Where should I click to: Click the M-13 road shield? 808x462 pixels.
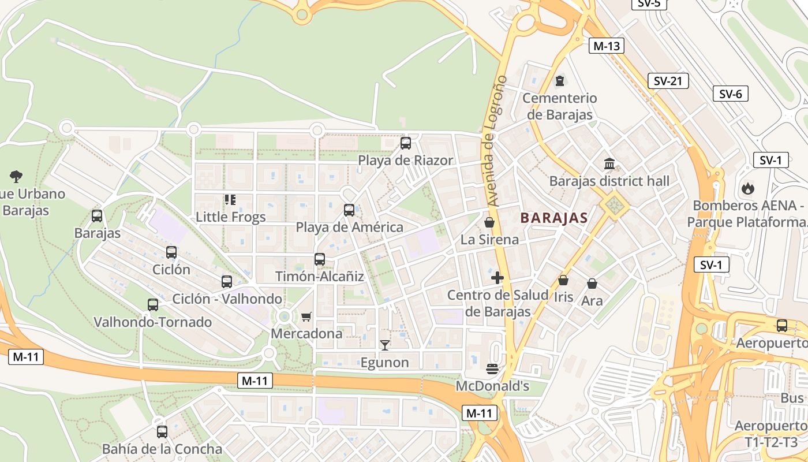tap(606, 46)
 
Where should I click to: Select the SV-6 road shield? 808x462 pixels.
tap(731, 94)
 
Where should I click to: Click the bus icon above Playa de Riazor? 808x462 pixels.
tap(406, 143)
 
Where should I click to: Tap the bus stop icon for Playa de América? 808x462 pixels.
tap(349, 210)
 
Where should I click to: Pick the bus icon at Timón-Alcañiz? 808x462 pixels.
tap(320, 259)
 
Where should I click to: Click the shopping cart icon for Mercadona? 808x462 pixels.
tap(306, 316)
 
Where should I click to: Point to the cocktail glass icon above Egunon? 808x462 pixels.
tap(385, 345)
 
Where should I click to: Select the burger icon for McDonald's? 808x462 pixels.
tap(492, 368)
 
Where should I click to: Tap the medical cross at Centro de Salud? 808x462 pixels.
tap(497, 278)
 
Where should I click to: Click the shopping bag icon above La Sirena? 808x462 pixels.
tap(489, 222)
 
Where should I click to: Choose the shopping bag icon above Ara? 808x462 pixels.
tap(592, 284)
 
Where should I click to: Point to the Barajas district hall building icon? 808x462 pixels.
tap(609, 164)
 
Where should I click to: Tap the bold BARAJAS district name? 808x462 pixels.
tap(553, 218)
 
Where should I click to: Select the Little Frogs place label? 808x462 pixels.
tap(231, 217)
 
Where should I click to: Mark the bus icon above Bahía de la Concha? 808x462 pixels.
tap(162, 431)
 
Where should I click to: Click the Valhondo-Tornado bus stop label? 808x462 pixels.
tap(153, 322)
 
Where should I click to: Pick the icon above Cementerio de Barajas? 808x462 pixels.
tap(559, 81)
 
